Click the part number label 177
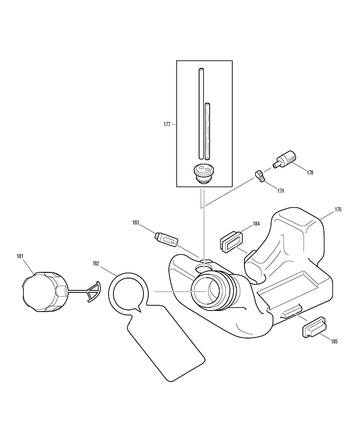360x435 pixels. coord(167,125)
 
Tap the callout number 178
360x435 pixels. coord(310,173)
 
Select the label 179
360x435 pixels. coord(281,191)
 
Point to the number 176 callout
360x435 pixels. coord(338,209)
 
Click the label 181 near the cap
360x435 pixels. coord(20,256)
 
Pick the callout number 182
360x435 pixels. coord(96,263)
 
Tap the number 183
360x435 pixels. coord(136,223)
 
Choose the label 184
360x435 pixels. coord(256,224)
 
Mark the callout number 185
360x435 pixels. coord(335,342)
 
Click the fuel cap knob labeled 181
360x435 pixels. coord(45,291)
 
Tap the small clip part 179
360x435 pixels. coord(260,176)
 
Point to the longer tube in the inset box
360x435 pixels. coord(201,114)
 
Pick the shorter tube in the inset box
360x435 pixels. coord(208,131)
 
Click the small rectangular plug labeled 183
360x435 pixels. coord(166,239)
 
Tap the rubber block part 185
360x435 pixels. coord(314,327)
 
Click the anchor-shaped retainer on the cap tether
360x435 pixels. coord(93,291)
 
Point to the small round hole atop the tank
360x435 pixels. coord(204,268)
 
